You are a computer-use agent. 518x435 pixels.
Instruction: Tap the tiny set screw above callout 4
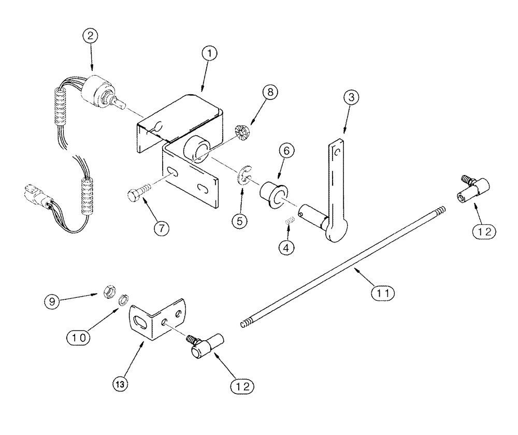tap(291, 222)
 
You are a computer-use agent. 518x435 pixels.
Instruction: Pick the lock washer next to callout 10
tap(123, 300)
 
